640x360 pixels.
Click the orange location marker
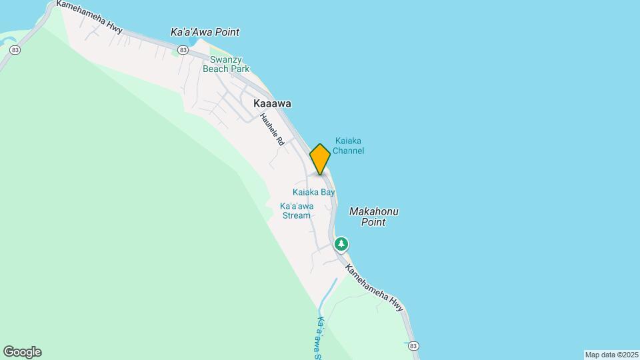click(320, 159)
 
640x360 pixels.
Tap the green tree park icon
click(341, 244)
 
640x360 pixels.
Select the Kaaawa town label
click(272, 104)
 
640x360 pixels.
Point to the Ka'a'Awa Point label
click(205, 32)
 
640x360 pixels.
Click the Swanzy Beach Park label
click(225, 64)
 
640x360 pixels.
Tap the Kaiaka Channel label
click(349, 145)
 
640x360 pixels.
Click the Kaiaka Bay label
click(313, 192)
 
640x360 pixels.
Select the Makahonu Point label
click(374, 217)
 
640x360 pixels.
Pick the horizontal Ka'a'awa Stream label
click(297, 211)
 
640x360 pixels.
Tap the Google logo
click(22, 352)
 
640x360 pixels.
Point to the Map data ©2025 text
click(611, 355)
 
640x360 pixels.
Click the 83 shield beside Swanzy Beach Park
click(182, 50)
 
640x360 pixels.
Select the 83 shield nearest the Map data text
click(413, 345)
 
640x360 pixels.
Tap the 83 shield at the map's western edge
click(15, 50)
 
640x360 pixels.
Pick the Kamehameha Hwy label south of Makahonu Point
click(375, 285)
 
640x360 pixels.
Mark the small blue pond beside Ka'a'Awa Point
click(193, 42)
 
